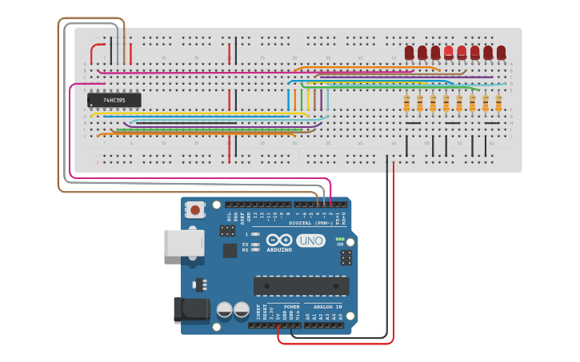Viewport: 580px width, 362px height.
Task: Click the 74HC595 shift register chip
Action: coord(114,100)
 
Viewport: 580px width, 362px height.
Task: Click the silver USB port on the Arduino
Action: coord(183,243)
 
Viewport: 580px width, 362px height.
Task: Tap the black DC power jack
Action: coord(191,311)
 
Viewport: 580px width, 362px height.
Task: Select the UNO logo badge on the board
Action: coord(310,241)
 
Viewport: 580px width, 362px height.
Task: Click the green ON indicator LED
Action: coord(340,239)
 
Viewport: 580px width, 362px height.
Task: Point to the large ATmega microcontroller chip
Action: coord(301,286)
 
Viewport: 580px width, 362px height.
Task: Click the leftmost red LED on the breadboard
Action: coord(410,53)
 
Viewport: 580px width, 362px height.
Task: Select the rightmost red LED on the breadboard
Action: coord(501,53)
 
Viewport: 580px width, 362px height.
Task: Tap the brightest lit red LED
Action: coord(449,53)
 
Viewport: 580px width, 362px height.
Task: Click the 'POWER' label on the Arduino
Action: coord(292,307)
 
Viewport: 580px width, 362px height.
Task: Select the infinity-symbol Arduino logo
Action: coord(279,241)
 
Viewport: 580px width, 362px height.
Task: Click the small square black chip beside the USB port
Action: coord(230,250)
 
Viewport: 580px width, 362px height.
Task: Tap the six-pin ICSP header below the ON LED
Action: coord(346,257)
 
